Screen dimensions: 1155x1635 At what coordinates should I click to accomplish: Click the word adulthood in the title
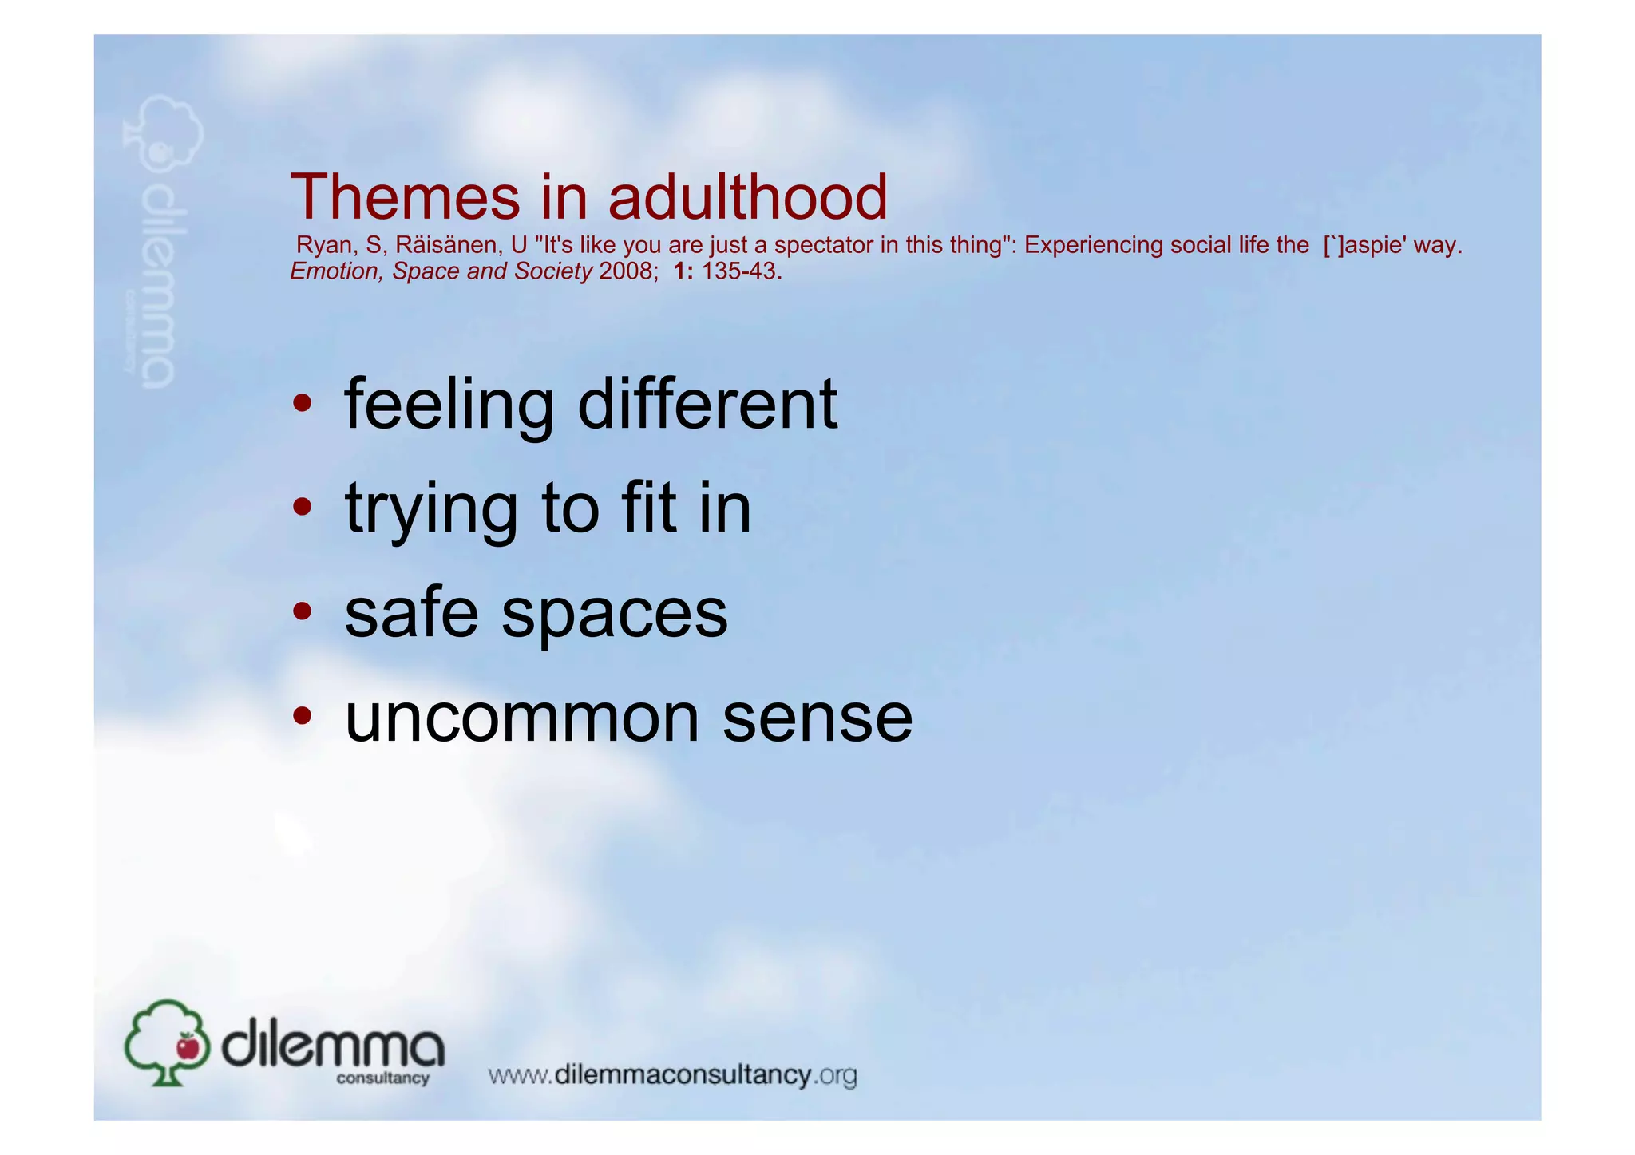point(748,197)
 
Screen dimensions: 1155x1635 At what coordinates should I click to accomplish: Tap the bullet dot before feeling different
point(302,403)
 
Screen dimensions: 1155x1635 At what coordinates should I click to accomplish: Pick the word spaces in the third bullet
point(614,615)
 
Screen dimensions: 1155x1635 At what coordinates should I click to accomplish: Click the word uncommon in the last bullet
point(522,717)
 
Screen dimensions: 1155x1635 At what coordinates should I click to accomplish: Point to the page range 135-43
point(738,271)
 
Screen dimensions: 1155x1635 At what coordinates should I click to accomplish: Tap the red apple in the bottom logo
point(188,1046)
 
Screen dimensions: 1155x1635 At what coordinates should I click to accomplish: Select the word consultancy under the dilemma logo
point(382,1078)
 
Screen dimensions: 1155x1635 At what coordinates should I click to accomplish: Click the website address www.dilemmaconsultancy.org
point(672,1075)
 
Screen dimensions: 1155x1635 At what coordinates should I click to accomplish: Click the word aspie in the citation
point(1376,245)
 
